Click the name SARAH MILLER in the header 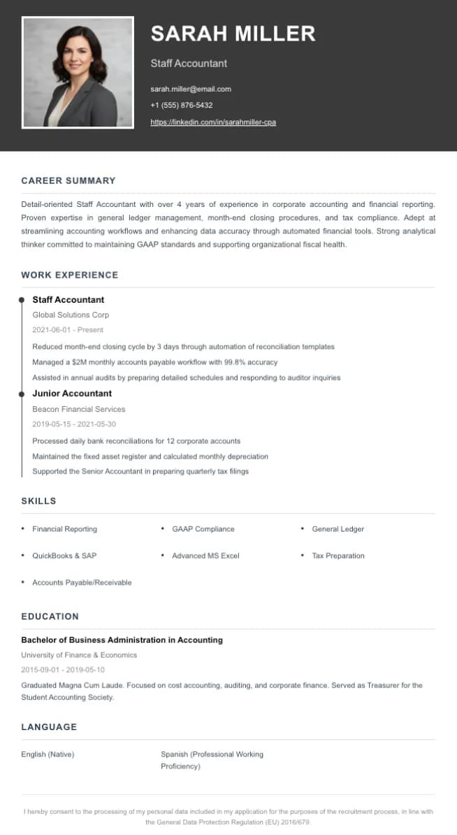233,34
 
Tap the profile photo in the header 78,73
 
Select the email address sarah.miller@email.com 191,89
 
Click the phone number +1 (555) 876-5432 182,106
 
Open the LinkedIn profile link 213,122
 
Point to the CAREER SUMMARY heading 68,180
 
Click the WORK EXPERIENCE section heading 70,275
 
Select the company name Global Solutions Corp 71,315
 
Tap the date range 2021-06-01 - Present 68,329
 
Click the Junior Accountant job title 72,393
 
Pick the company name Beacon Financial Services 79,409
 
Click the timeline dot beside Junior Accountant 22,394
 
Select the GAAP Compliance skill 203,529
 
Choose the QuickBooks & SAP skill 64,556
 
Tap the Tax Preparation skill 338,556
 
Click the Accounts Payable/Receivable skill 82,583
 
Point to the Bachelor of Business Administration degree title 122,640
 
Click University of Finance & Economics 79,655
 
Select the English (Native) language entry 48,755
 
